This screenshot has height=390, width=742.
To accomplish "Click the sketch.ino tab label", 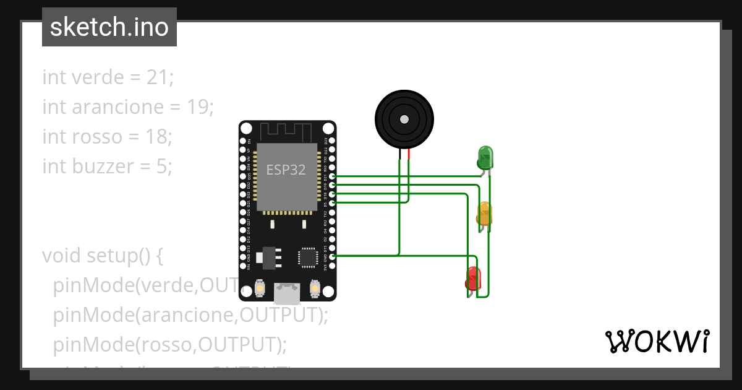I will tap(109, 27).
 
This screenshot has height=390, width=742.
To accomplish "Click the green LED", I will tap(485, 157).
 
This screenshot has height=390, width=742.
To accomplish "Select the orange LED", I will tap(484, 214).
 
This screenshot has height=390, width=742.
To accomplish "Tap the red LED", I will tap(473, 278).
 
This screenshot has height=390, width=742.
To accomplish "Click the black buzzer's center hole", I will tap(404, 119).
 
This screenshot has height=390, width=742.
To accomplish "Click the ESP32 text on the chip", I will tap(286, 170).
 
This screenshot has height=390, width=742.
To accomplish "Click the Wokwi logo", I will tap(657, 341).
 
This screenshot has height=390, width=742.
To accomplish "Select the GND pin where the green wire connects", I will tap(333, 256).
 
